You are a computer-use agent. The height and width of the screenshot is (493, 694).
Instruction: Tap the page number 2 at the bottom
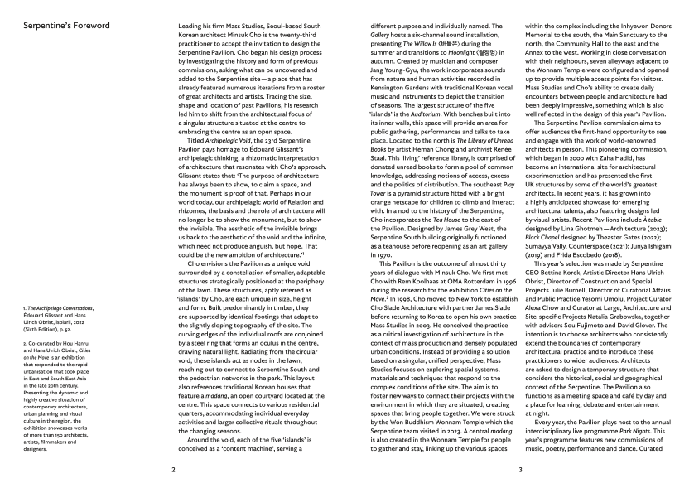(x=172, y=469)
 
